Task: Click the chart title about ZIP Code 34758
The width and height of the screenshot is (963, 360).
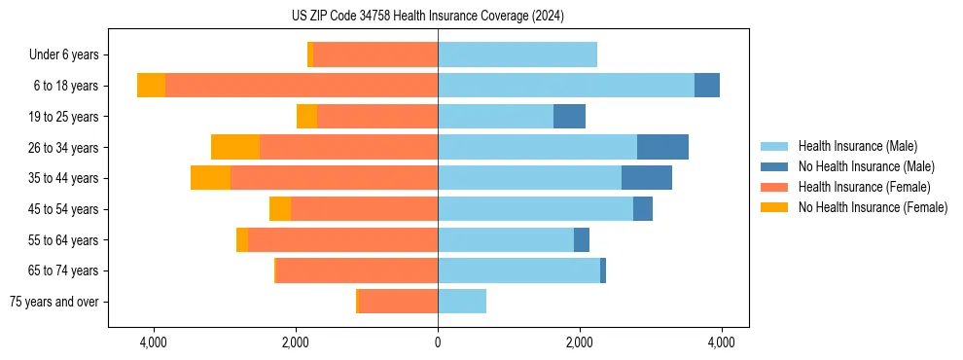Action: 427,16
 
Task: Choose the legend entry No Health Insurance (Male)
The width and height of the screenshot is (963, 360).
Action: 866,166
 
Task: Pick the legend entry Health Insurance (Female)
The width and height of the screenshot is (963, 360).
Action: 864,187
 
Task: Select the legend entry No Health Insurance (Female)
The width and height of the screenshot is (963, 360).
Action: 873,207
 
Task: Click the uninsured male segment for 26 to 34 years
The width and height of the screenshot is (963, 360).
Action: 662,147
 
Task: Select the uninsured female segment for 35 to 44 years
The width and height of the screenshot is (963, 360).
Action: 210,178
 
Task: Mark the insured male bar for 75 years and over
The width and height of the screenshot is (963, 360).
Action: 462,302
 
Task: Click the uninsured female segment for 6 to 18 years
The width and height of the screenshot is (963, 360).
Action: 151,86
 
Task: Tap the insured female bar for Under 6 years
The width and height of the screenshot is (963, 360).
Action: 375,54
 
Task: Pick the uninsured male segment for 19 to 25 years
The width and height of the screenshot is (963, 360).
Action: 569,117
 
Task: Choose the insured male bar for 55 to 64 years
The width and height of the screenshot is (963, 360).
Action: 506,239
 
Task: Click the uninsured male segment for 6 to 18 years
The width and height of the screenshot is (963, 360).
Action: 707,86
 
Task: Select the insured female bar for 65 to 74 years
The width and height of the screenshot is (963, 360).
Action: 357,270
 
